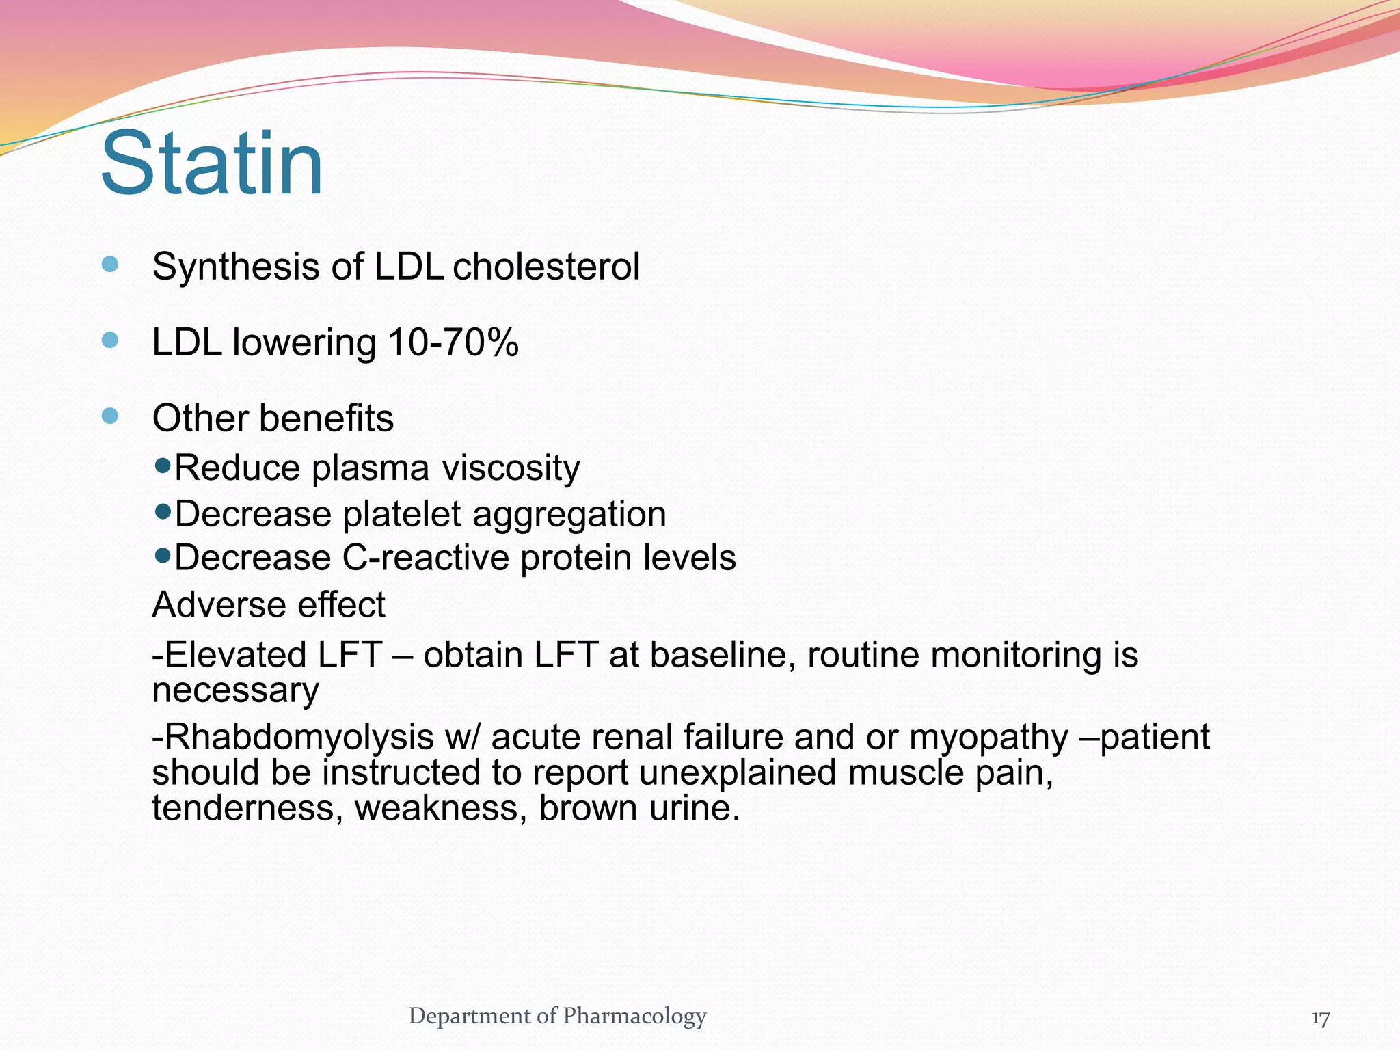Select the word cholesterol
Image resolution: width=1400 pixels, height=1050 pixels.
(546, 267)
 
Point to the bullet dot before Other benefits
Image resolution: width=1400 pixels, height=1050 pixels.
(110, 416)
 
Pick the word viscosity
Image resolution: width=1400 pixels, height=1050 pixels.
(511, 469)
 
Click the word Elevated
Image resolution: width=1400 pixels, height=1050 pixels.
(236, 655)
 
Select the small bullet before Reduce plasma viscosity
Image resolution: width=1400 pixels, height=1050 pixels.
(163, 466)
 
